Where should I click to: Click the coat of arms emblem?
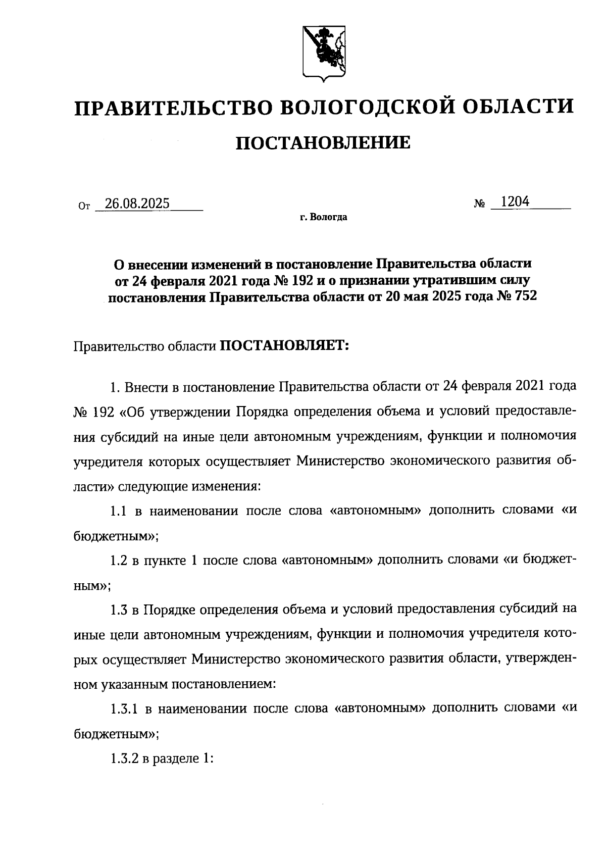coord(324,51)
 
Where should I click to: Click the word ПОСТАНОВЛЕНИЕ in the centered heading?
coord(323,143)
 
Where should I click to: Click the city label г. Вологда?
coord(323,218)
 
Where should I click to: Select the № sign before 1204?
coord(480,204)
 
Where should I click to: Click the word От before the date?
coord(84,206)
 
